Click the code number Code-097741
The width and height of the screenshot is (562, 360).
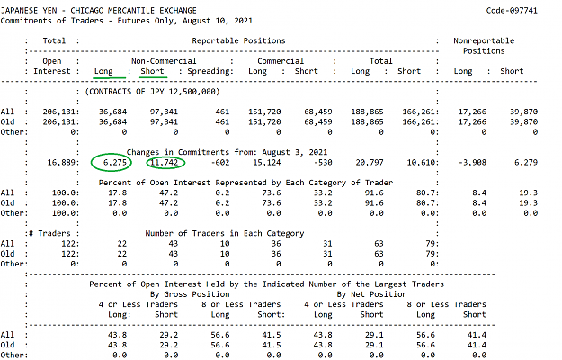click(x=512, y=11)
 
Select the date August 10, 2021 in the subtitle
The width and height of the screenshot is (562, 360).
click(x=218, y=21)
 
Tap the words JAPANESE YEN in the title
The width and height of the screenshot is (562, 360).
click(x=29, y=11)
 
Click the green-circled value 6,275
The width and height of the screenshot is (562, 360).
click(x=115, y=162)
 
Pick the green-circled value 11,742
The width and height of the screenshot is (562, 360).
click(x=165, y=162)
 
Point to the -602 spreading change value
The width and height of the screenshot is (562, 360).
click(x=220, y=162)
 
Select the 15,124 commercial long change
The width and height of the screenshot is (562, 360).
click(x=267, y=162)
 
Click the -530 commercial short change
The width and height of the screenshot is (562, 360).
click(x=323, y=162)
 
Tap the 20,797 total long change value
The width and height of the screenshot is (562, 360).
click(x=370, y=162)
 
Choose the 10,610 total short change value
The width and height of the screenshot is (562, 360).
click(x=421, y=162)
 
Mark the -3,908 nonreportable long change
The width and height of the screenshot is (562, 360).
click(x=472, y=162)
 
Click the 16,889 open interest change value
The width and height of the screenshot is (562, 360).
click(x=61, y=162)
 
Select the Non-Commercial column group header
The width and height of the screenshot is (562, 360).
click(x=164, y=61)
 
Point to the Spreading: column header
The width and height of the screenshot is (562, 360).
click(x=210, y=71)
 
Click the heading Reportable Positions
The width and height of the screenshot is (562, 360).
click(x=238, y=40)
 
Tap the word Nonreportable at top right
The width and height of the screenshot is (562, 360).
click(x=484, y=40)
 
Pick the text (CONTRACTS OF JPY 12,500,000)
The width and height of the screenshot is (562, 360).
click(x=152, y=92)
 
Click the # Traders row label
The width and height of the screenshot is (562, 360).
click(x=49, y=233)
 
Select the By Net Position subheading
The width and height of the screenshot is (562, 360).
click(x=371, y=294)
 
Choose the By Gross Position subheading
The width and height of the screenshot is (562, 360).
click(x=190, y=294)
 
